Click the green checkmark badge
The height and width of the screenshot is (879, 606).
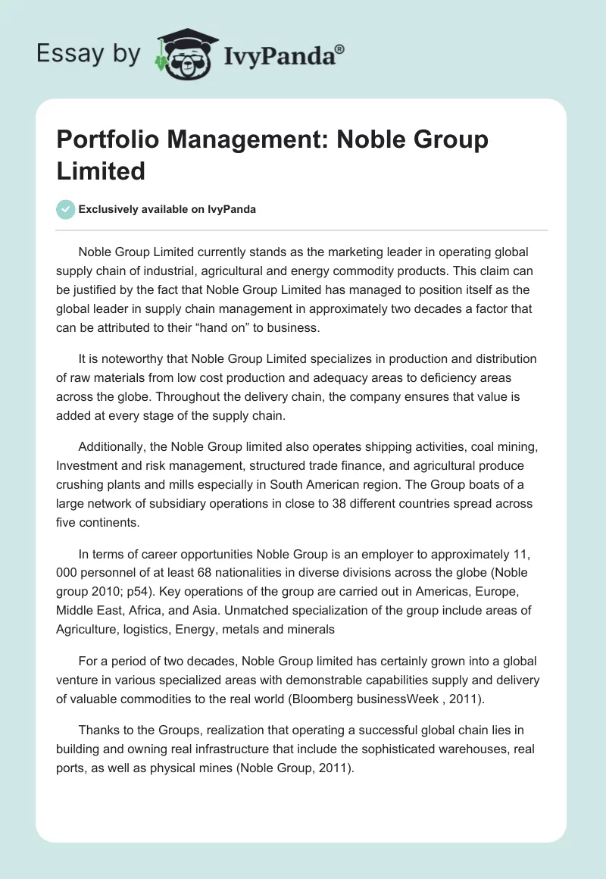coord(66,209)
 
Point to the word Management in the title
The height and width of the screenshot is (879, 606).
coord(254,140)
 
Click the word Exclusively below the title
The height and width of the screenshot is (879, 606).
coord(109,209)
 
